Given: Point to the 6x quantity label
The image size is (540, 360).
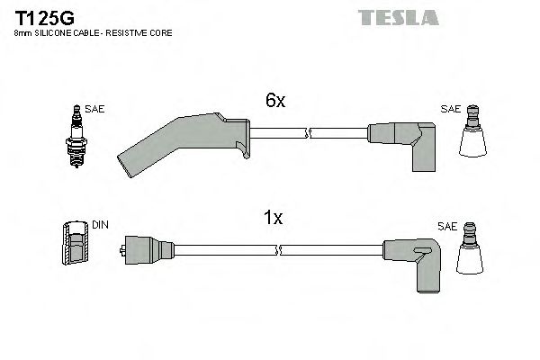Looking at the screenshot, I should (274, 102).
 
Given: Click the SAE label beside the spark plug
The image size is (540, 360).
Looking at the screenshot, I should (96, 109).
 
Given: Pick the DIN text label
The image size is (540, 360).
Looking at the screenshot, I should (100, 225).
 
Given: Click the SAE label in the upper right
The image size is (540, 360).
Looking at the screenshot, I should (449, 109).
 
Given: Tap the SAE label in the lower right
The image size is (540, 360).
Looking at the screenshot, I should (445, 228).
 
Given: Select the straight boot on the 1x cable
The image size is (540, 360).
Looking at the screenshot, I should (140, 247).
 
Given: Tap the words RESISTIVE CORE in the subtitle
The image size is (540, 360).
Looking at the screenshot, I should (145, 33).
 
